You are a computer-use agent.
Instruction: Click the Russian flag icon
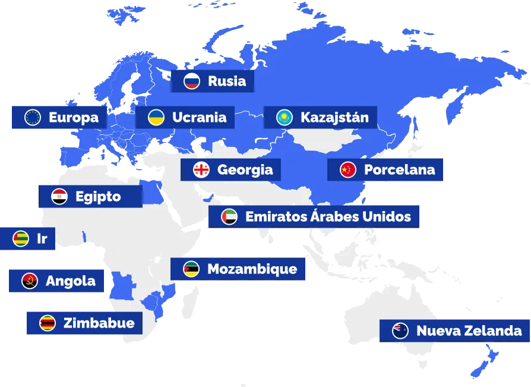tap(191, 81)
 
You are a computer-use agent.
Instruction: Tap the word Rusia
tap(227, 81)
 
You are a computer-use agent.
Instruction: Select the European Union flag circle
tap(32, 117)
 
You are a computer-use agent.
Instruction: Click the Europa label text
tap(74, 117)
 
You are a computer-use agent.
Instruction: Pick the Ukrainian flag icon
tap(156, 117)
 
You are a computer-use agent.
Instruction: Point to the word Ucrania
tap(199, 117)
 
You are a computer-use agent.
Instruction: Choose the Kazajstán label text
tap(334, 118)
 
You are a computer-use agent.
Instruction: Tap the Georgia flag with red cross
tap(201, 169)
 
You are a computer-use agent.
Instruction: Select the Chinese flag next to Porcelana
tap(348, 169)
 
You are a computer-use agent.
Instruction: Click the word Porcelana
tap(399, 169)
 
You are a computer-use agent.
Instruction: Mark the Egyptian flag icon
tap(59, 196)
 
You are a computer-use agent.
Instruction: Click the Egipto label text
tap(98, 196)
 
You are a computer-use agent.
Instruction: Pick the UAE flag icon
tap(229, 216)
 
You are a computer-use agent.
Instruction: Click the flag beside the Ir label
tap(21, 239)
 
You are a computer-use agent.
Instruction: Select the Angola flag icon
tap(30, 281)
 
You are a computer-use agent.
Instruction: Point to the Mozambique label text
tap(252, 269)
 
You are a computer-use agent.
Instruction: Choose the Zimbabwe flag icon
tap(48, 323)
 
